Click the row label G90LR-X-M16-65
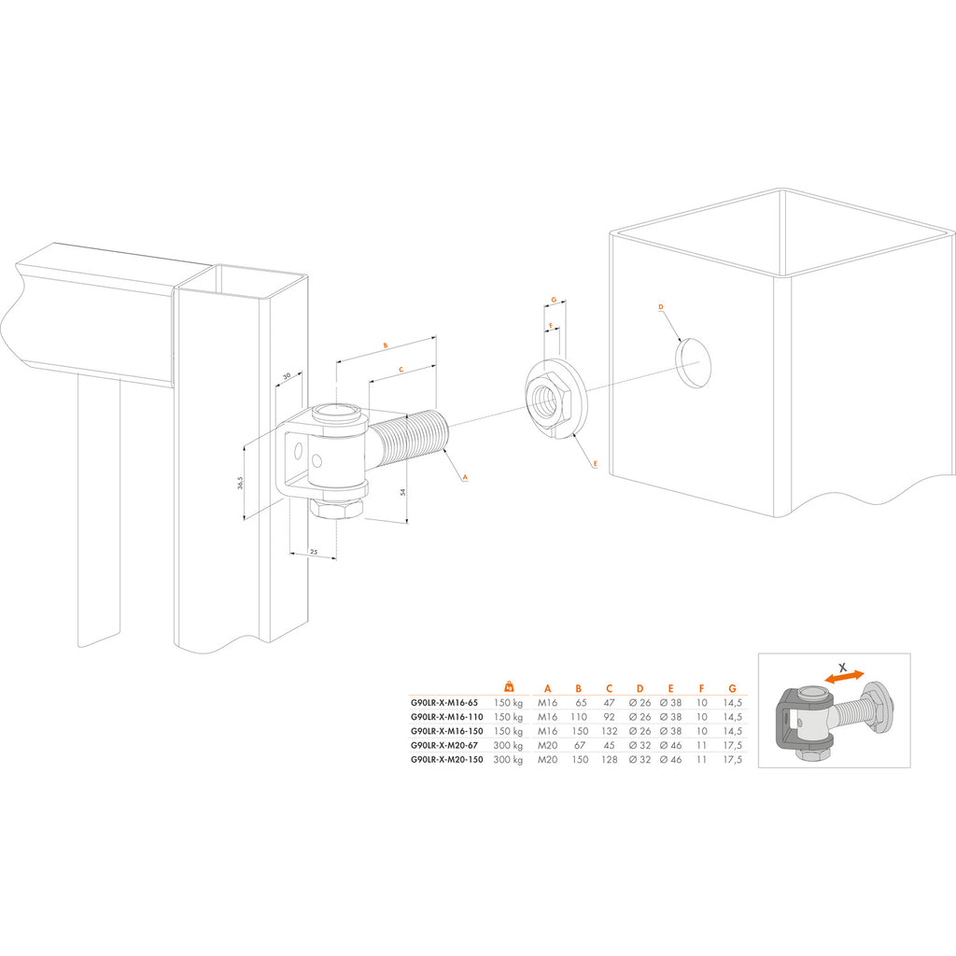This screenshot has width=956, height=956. coord(443,702)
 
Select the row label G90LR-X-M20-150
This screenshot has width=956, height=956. coord(446,759)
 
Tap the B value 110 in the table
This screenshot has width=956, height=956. coord(578,717)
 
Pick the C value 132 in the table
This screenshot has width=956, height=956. coord(609,731)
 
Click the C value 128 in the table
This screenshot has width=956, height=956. coord(609,759)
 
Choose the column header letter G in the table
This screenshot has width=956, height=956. coord(732,688)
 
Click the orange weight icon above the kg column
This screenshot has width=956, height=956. coord(509,686)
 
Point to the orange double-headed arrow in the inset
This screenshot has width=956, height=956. coord(844,676)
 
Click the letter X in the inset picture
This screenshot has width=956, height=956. coord(843,667)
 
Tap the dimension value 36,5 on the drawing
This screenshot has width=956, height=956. coord(240,483)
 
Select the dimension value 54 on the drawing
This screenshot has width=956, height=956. coord(403,492)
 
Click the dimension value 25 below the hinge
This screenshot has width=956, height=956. coord(314,552)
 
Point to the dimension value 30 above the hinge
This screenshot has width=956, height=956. coord(287,376)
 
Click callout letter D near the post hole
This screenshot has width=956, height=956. coord(661,307)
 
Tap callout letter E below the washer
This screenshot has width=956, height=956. coord(595,464)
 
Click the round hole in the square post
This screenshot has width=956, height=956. coord(693,363)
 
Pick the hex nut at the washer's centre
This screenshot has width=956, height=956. coord(549,400)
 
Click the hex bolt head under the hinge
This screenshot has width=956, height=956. coord(336,508)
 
